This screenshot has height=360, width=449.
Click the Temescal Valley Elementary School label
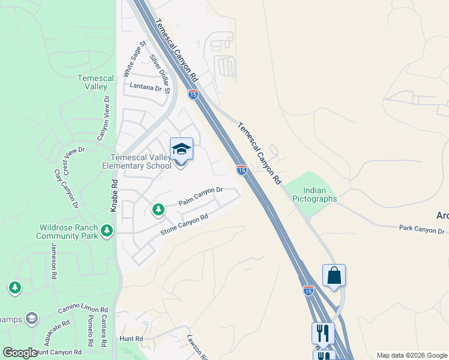(137, 161)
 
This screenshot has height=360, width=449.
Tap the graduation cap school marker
(181, 149)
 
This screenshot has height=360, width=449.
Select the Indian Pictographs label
(310, 195)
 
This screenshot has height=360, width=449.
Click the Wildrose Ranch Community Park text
(68, 232)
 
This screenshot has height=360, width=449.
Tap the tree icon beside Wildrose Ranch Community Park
(107, 231)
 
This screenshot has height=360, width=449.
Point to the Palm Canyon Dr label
(200, 197)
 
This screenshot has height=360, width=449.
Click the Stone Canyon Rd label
(184, 224)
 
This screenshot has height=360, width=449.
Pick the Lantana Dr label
(146, 88)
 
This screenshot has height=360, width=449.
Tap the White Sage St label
(134, 59)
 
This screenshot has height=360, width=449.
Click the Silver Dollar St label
(160, 74)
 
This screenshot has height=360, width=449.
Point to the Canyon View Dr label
(102, 118)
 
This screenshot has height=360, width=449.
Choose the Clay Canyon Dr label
(66, 188)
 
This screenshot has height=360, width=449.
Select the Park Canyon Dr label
(422, 229)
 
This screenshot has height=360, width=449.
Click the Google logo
(20, 353)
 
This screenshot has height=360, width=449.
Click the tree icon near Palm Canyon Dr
(158, 209)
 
